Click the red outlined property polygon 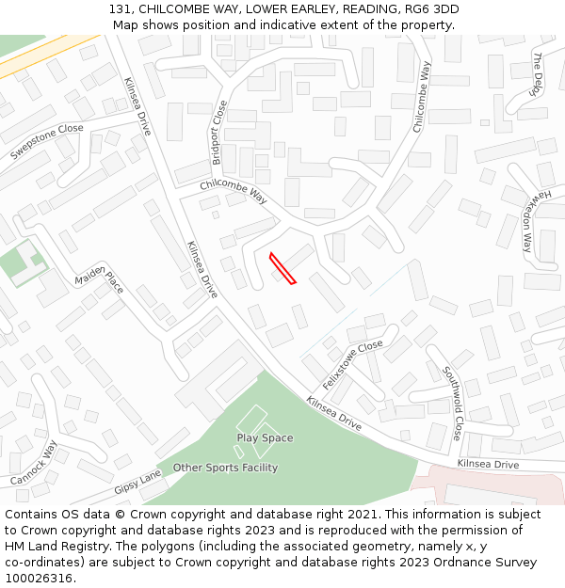[282, 268]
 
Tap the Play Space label [265, 438]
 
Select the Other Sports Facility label [225, 468]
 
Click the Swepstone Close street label [46, 141]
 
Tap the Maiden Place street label [100, 278]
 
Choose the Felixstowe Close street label [353, 365]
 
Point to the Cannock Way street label [35, 463]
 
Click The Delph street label [538, 72]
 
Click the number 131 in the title [119, 9]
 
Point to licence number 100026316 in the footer [40, 578]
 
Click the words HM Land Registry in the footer [46, 547]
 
